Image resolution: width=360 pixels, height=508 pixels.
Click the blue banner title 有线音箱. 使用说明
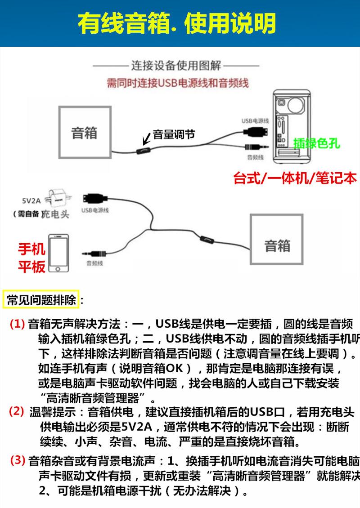[x=177, y=23]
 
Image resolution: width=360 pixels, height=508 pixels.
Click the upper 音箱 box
[x=84, y=133]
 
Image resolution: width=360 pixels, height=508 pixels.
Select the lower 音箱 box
[x=277, y=246]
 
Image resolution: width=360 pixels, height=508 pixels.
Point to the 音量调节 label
[x=174, y=134]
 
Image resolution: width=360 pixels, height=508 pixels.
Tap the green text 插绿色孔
[x=316, y=143]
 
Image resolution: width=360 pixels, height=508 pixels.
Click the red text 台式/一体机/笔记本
[x=295, y=178]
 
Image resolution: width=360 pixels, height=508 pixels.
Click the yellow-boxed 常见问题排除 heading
[x=41, y=300]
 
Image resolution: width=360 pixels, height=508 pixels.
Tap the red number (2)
[x=17, y=410]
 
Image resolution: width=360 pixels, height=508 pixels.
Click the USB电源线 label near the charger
[x=95, y=210]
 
